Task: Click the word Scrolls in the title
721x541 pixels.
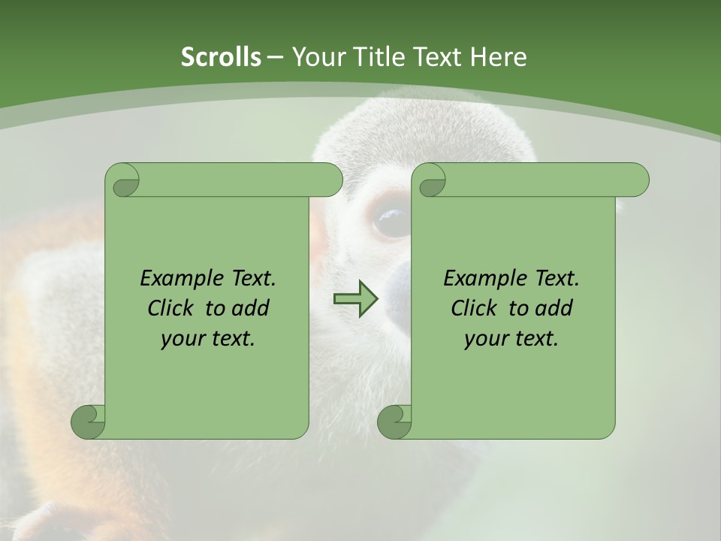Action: [x=222, y=57]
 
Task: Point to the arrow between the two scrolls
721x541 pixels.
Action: [x=356, y=298]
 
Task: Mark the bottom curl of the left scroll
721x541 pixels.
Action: [x=87, y=422]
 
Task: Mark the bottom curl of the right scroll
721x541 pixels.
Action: [x=394, y=422]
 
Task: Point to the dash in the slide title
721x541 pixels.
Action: [x=275, y=57]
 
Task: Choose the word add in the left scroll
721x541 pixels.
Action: [x=251, y=308]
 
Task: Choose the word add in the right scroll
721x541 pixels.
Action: [x=554, y=308]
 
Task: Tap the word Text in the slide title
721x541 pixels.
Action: [x=439, y=57]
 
